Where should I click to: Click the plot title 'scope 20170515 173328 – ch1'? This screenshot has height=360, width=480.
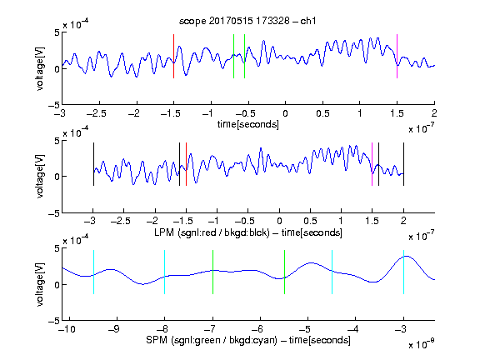tap(247, 21)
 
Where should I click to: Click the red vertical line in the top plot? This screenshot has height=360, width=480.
tap(174, 57)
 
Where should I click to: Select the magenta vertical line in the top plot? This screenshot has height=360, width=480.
tap(397, 57)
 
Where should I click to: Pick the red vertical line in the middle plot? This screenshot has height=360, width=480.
tap(186, 164)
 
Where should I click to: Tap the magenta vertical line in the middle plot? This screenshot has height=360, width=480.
tap(372, 164)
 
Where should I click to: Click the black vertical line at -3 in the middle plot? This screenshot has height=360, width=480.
tap(93, 164)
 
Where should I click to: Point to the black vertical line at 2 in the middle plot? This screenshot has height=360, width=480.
tap(403, 164)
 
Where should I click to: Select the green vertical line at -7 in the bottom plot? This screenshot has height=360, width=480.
tap(212, 272)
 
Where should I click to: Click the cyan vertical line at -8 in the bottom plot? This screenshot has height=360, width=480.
tap(165, 272)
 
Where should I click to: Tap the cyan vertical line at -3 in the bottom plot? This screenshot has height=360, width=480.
tap(403, 272)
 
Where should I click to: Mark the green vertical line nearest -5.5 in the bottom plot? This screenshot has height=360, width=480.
tap(285, 272)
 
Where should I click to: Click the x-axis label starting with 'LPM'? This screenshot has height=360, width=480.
tap(248, 232)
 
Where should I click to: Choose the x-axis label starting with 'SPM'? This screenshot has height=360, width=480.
tap(248, 340)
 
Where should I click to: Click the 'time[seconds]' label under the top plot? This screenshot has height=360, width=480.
tap(248, 124)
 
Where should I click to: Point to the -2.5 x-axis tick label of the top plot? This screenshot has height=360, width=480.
tap(96, 113)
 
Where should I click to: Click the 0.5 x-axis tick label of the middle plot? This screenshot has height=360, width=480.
tap(310, 221)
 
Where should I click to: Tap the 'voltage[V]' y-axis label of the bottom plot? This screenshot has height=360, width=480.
tap(40, 284)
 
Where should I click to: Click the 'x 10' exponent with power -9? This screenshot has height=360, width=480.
tap(421, 344)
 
